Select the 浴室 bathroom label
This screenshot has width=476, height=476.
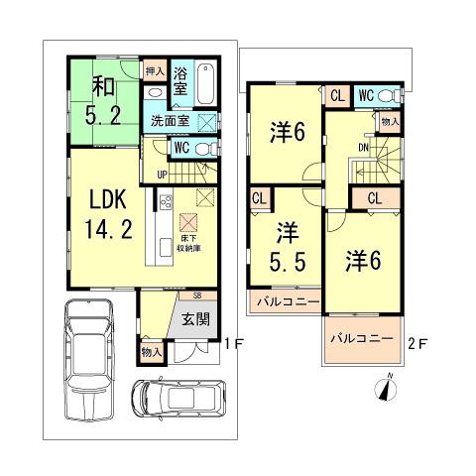181,81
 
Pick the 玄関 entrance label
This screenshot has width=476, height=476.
194,319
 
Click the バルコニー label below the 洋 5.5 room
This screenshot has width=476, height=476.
284,298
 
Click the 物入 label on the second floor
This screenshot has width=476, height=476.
389,120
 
